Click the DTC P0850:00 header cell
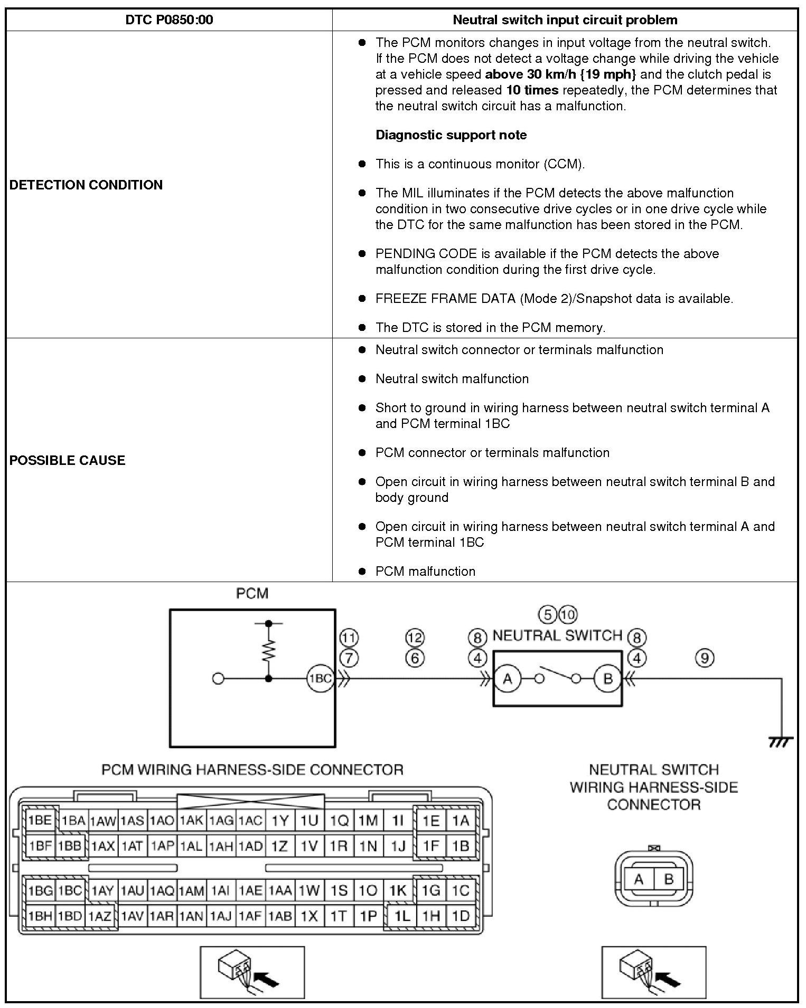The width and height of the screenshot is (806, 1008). tap(169, 20)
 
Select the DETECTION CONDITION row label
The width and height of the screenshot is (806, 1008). tap(86, 185)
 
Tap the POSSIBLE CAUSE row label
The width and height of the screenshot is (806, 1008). tap(68, 460)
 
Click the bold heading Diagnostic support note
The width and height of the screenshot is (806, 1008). tap(451, 135)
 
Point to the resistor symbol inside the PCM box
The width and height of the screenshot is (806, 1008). tap(269, 651)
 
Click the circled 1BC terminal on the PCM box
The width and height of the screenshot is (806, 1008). tap(320, 679)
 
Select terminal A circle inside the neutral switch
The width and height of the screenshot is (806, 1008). tap(508, 679)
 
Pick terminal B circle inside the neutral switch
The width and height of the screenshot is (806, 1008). tap(607, 679)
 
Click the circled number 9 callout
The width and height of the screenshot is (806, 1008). tap(705, 658)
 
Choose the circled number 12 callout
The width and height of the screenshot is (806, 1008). tap(415, 638)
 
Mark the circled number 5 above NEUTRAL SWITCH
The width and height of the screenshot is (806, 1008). tap(548, 614)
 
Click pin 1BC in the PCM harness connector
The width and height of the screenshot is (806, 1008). tap(70, 891)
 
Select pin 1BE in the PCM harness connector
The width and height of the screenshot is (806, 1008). tap(40, 820)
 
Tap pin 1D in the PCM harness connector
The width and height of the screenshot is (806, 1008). tap(461, 916)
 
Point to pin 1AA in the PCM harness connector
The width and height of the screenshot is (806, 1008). tap(280, 891)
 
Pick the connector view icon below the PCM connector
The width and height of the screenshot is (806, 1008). tap(252, 972)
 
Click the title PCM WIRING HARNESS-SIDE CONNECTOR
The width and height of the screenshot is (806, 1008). tap(252, 770)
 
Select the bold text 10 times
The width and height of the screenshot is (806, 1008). tap(532, 90)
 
